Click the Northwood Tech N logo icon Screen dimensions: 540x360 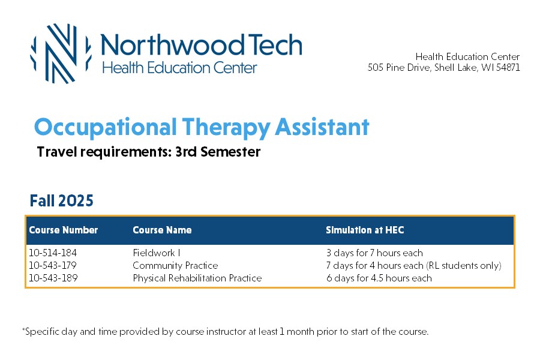61,53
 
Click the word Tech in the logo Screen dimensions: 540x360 275,45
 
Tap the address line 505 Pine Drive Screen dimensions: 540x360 444,67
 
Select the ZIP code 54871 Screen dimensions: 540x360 508,67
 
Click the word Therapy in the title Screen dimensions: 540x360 226,128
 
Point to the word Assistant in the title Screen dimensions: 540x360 322,127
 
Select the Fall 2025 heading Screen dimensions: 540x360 62,200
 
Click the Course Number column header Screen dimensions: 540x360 64,230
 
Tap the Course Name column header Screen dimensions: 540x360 162,230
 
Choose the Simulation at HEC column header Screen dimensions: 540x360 365,230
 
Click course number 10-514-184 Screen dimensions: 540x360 53,253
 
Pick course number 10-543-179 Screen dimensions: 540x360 53,265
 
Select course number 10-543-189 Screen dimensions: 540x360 53,278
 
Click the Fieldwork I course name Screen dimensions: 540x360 157,253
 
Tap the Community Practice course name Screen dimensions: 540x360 175,266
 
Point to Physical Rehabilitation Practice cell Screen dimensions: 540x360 197,278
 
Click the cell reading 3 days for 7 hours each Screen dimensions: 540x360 374,253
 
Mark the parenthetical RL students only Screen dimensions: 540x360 464,266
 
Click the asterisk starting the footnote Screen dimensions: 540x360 23,329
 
